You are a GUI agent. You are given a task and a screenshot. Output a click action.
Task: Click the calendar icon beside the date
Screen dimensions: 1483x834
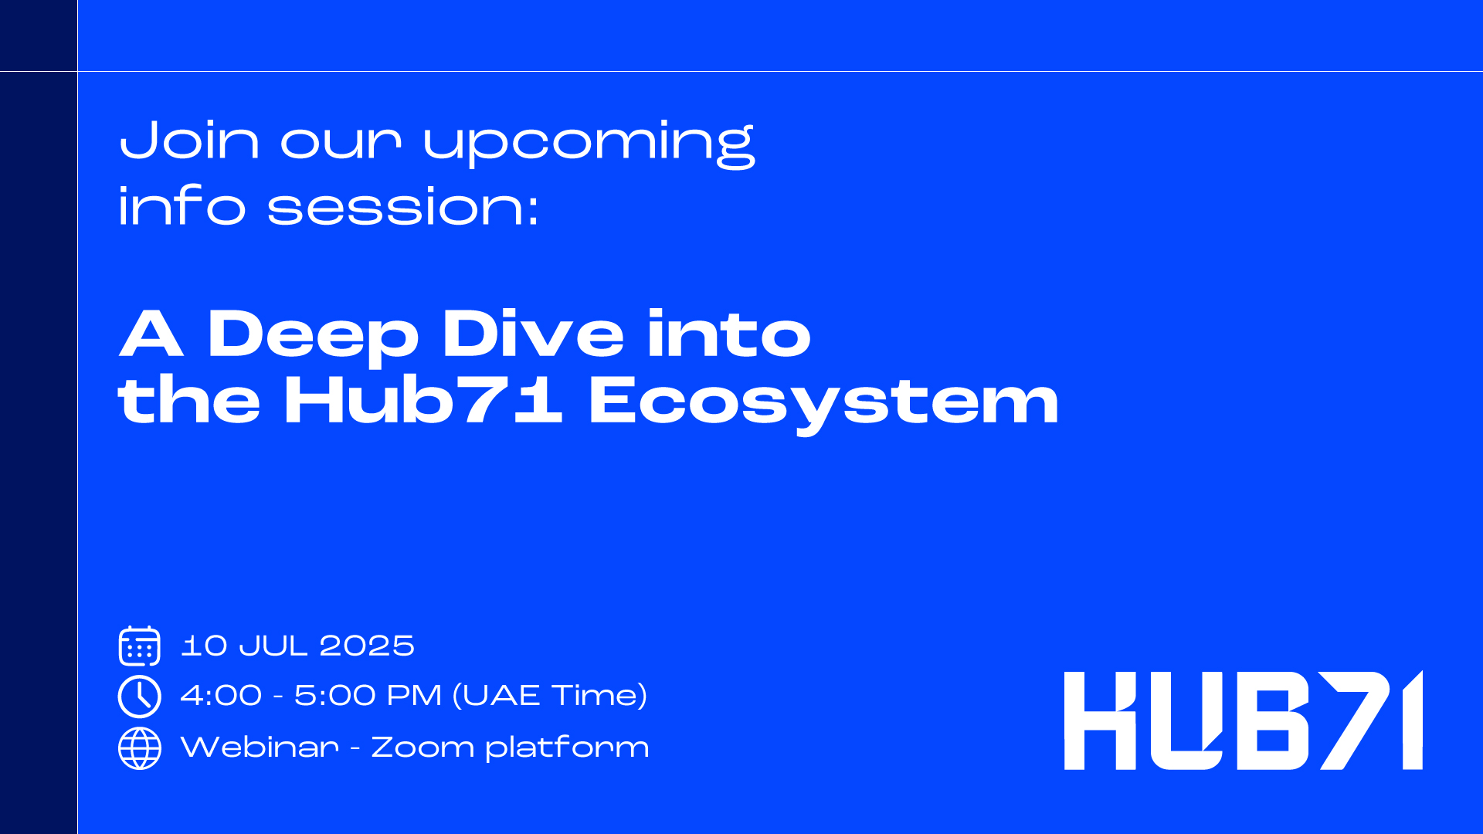(140, 646)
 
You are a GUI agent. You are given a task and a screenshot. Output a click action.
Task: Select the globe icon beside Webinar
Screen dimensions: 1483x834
(140, 748)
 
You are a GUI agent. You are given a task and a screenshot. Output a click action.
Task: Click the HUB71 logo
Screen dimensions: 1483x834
(1244, 720)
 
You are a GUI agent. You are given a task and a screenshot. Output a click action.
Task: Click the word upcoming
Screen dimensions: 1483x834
(589, 144)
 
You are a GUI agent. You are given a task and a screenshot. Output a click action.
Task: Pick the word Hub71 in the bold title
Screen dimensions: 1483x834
(423, 399)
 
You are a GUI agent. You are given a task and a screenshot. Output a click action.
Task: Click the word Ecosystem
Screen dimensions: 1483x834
(823, 404)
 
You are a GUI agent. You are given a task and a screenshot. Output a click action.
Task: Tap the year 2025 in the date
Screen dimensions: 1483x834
(367, 646)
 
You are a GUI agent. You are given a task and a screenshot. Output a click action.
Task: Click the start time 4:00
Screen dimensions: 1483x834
(221, 696)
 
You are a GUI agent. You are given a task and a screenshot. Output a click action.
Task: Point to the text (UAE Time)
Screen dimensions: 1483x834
(549, 696)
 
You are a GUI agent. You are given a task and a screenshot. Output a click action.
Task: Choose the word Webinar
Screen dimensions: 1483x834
(260, 747)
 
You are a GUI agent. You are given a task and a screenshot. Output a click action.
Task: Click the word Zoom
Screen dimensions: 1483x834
(423, 748)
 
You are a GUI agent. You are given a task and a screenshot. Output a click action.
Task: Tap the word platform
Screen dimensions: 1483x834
(568, 748)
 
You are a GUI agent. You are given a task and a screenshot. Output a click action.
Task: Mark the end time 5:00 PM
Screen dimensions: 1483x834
(368, 696)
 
